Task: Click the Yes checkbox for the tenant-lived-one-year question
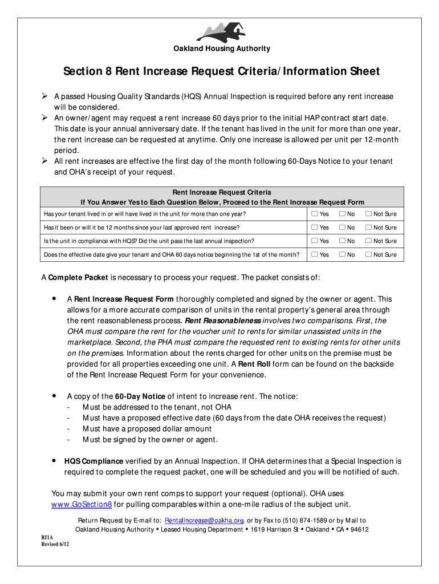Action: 314,214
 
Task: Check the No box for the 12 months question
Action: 342,228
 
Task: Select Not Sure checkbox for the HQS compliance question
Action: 368,241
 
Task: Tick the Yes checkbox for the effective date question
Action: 314,255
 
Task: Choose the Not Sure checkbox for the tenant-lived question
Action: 368,214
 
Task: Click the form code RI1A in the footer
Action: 46,537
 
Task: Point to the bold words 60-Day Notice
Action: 140,396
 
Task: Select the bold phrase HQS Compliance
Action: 94,461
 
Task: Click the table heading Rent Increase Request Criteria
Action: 221,193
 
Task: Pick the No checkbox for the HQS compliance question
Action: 342,241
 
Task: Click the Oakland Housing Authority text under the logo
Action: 222,49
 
